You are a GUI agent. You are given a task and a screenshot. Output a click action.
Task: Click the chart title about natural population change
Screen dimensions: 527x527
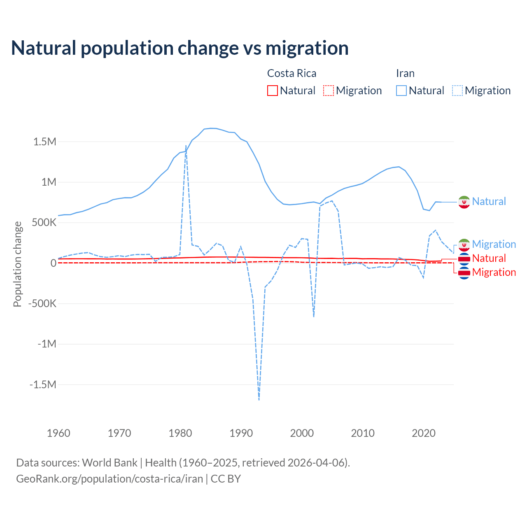(x=180, y=48)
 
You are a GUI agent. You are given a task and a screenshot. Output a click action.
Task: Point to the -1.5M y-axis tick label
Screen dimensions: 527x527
(x=42, y=385)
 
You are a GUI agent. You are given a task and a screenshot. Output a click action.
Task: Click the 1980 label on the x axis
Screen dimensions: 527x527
(x=180, y=433)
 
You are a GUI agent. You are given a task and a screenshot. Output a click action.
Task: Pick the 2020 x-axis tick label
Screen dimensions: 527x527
(x=424, y=433)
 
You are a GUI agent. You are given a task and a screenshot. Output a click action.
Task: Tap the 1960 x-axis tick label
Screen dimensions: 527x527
(x=58, y=433)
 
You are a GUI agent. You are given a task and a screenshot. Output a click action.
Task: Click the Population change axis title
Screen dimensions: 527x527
(x=17, y=264)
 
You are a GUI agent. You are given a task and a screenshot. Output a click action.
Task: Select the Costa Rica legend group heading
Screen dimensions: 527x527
(x=291, y=73)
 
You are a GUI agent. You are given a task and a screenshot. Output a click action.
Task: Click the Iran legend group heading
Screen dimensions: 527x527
(x=405, y=73)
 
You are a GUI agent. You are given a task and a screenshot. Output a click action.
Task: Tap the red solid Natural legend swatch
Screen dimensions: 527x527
(x=273, y=91)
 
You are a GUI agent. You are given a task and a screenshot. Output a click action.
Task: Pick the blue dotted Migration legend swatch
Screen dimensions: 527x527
(x=457, y=91)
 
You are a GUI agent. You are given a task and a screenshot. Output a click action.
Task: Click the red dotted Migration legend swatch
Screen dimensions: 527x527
(x=329, y=91)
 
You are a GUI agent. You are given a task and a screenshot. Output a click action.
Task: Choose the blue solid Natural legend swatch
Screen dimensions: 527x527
(x=401, y=91)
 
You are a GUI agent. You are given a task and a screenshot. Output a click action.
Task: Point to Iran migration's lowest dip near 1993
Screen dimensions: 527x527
(x=259, y=399)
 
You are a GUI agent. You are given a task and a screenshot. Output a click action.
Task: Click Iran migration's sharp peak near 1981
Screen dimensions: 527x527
(x=186, y=146)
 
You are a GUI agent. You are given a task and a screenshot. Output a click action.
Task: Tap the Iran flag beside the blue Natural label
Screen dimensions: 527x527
(x=464, y=202)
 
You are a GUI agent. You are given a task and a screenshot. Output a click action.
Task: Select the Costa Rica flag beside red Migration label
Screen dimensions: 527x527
(x=464, y=273)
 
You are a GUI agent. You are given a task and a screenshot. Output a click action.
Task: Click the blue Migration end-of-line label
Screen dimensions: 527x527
(x=494, y=244)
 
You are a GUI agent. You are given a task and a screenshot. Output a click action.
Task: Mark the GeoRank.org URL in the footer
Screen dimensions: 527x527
(x=110, y=479)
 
